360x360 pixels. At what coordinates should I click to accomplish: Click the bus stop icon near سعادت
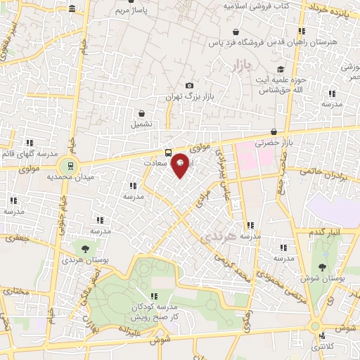[x=168, y=153]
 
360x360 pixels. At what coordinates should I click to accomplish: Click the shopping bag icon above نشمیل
[x=142, y=112]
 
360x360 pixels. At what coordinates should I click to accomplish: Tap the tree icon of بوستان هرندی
[x=85, y=248]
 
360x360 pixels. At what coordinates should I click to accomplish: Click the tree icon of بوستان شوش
[x=322, y=266]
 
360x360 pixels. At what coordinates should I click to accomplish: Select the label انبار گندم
[x=324, y=232]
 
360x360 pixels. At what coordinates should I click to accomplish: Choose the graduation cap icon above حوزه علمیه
[x=281, y=70]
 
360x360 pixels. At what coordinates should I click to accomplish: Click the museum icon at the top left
[x=73, y=8]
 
